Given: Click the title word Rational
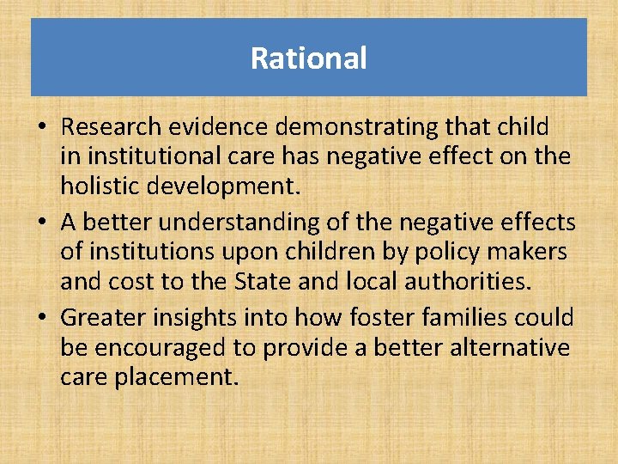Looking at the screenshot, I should coord(308,58).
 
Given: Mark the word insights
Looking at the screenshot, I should coord(183,317).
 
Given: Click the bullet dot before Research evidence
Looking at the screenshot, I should coord(41,128).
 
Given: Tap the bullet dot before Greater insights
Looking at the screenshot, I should coord(41,318).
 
